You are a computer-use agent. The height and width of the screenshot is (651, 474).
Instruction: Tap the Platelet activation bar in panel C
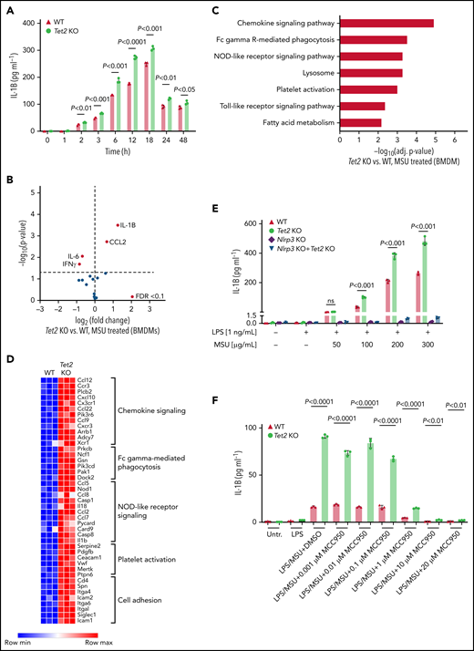point(368,89)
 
